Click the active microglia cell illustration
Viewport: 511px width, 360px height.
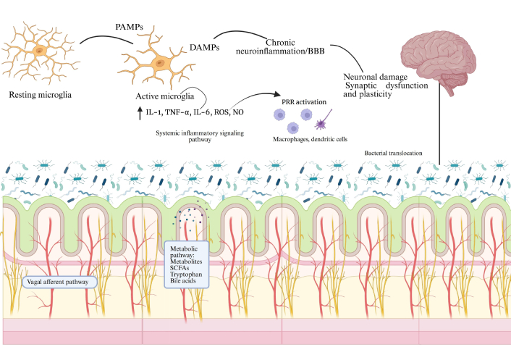click(x=156, y=63)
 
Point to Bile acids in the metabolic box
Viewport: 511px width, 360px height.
click(x=184, y=282)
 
